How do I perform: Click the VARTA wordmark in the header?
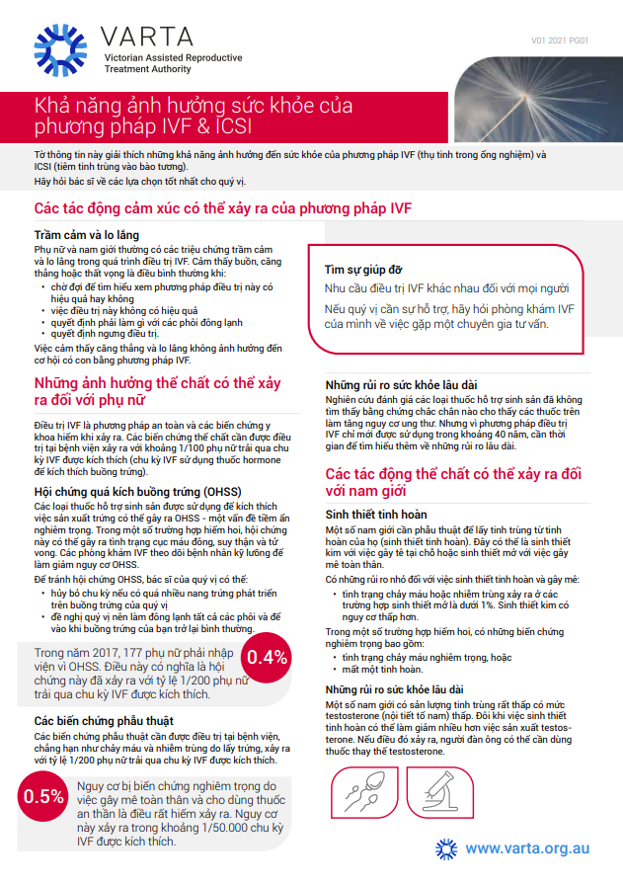click(x=147, y=37)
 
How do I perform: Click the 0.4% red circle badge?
click(x=268, y=658)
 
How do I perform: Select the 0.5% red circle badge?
click(x=43, y=797)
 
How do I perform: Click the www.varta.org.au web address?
click(x=527, y=847)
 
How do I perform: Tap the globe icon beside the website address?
click(x=446, y=848)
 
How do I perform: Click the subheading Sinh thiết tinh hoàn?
click(x=376, y=515)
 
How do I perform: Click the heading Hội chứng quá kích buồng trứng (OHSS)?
click(x=131, y=491)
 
